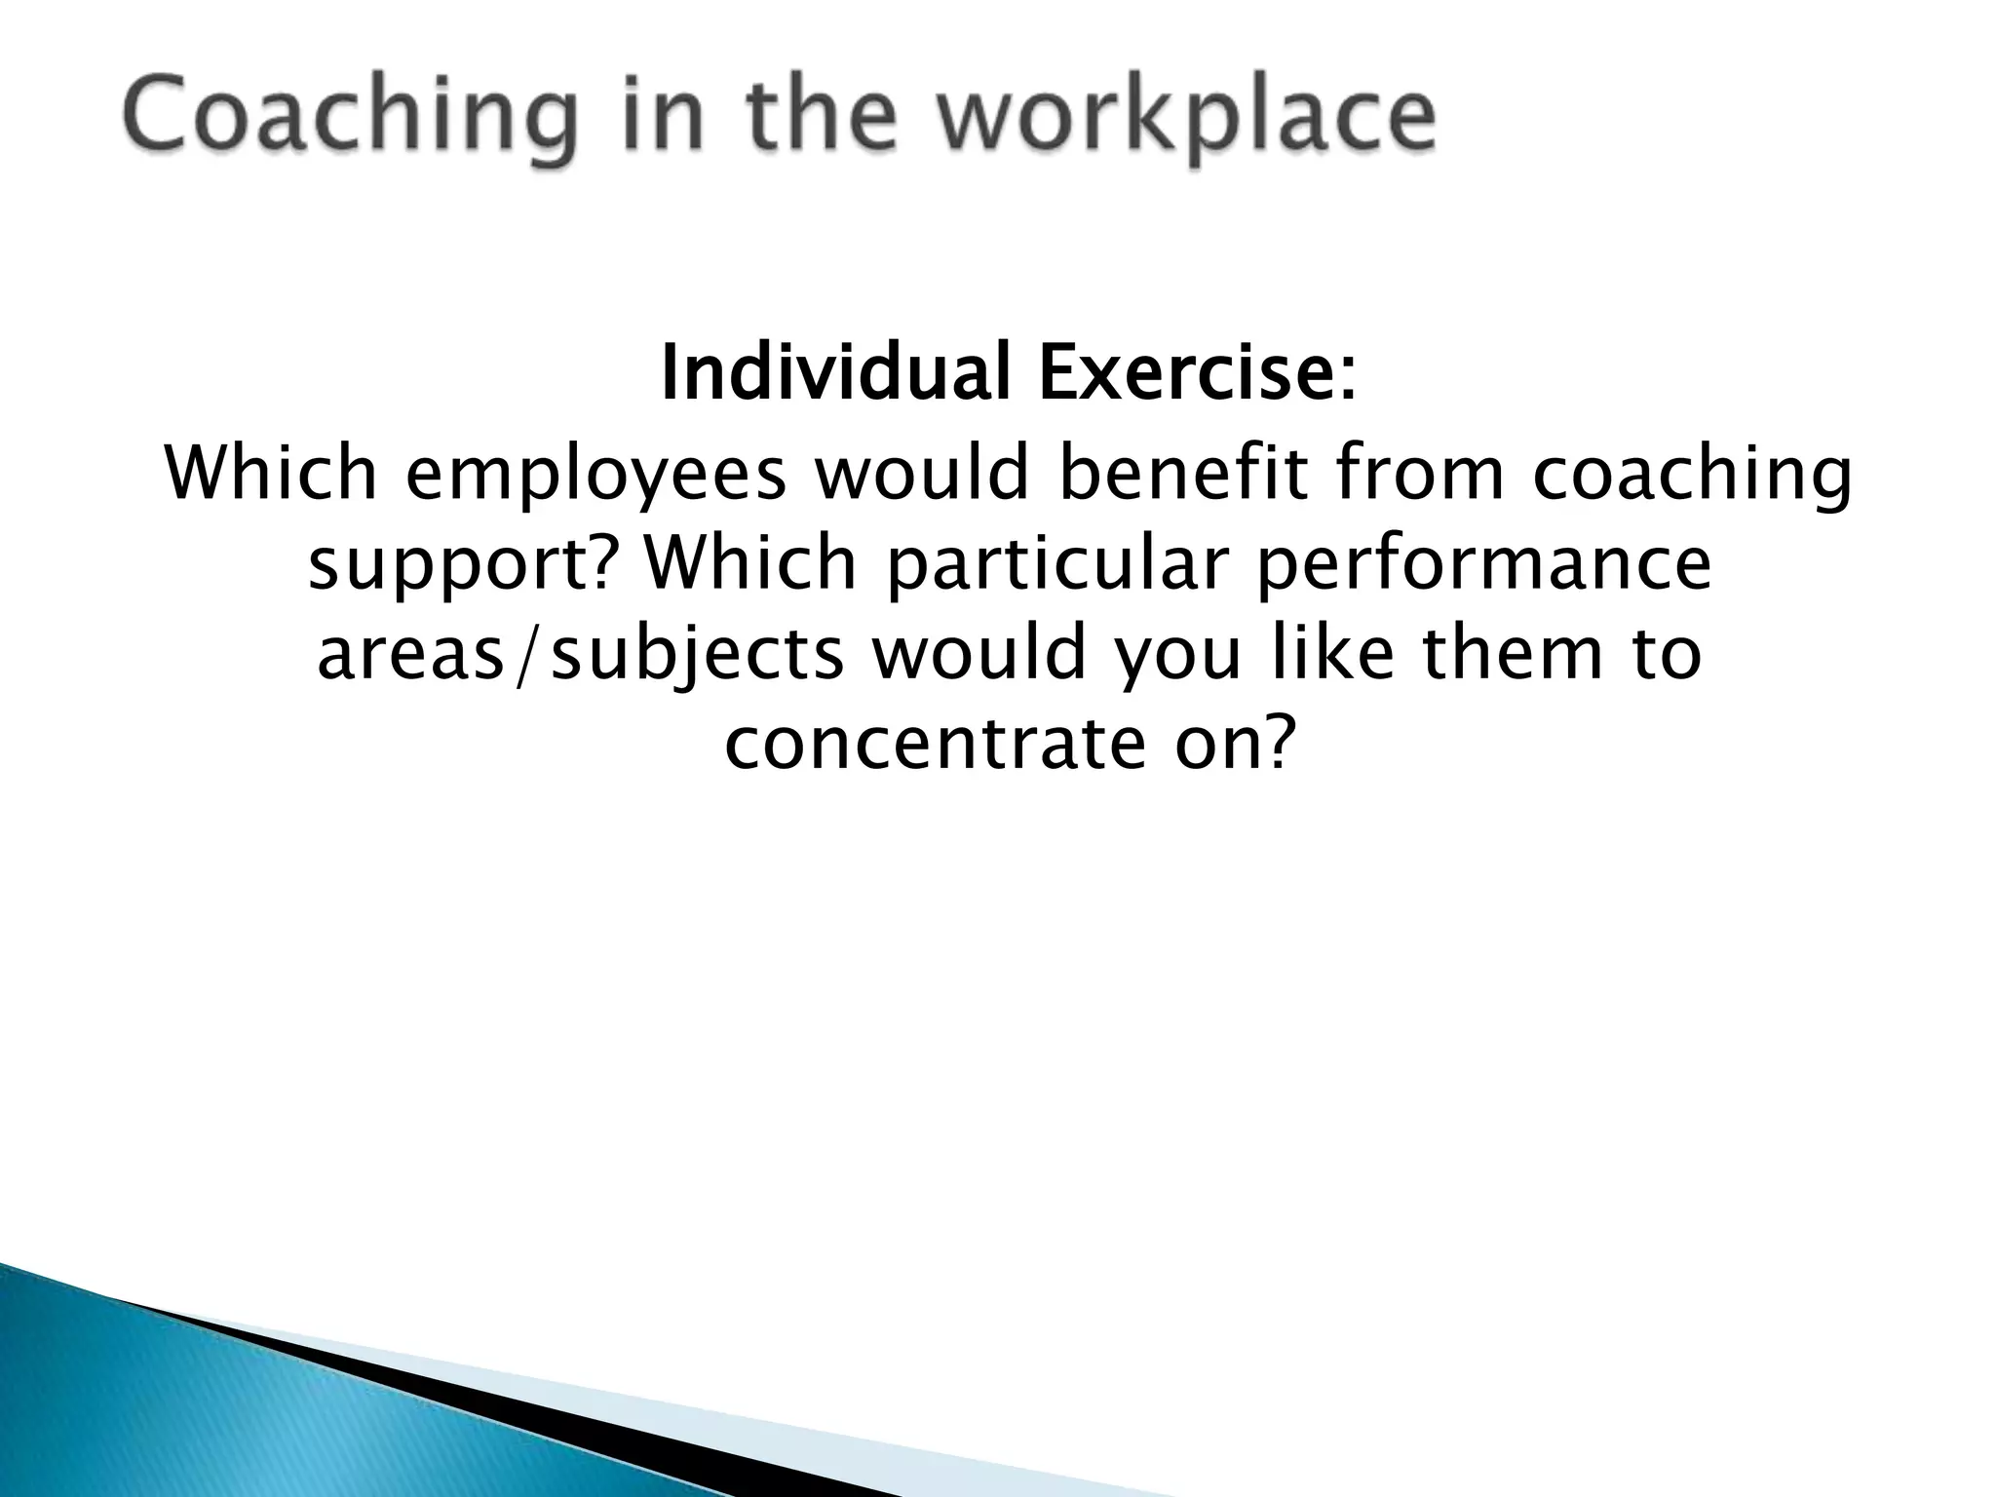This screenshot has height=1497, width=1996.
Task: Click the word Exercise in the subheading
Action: (x=1188, y=374)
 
